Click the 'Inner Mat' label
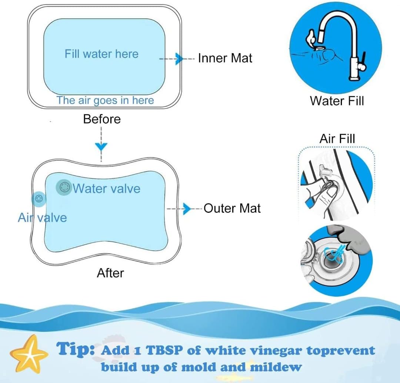click(225, 58)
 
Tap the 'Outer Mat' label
click(232, 208)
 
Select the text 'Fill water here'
click(101, 54)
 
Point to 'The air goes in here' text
click(105, 100)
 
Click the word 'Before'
click(102, 119)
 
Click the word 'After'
click(110, 273)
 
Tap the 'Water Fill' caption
click(337, 101)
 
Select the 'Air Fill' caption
click(337, 139)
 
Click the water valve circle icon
click(64, 187)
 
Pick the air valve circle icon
click(39, 199)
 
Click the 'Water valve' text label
click(107, 189)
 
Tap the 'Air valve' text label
click(42, 218)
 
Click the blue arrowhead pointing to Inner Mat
click(179, 59)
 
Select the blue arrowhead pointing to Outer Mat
click(187, 209)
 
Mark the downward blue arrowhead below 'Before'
click(101, 147)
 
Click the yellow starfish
click(29, 354)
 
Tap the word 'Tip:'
click(75, 349)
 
